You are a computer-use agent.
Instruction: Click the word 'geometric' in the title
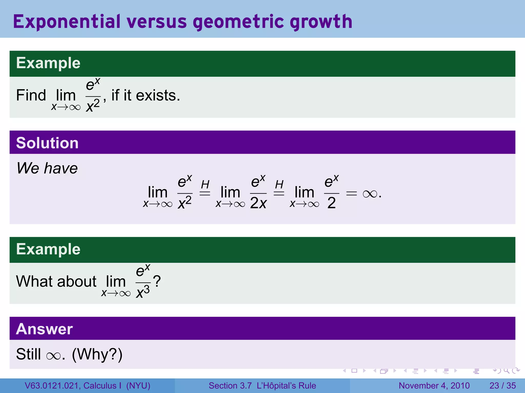[238, 22]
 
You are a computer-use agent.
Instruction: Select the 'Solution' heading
[47, 143]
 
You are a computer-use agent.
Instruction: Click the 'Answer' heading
[44, 329]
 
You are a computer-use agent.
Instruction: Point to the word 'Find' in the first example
[31, 95]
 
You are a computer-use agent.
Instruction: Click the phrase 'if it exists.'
[146, 95]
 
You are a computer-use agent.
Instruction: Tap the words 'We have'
[47, 168]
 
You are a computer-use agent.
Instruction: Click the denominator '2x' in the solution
[258, 203]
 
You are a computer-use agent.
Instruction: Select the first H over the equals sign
[205, 184]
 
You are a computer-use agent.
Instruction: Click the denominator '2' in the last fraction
[331, 203]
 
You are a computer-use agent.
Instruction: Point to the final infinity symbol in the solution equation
[370, 194]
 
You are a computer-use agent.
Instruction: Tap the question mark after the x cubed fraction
[157, 281]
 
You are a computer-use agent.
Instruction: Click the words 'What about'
[56, 281]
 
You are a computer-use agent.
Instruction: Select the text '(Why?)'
[97, 355]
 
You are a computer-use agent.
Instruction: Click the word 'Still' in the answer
[28, 355]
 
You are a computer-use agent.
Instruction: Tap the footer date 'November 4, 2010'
[434, 386]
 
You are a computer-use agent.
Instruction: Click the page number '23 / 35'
[502, 386]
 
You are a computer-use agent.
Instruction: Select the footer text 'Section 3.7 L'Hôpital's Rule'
[262, 386]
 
